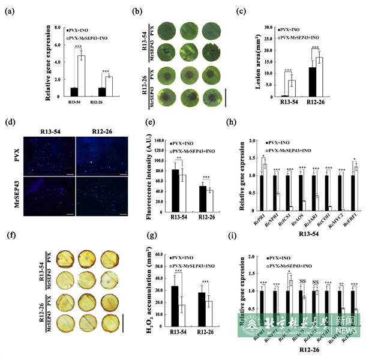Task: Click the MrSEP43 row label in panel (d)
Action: point(15,195)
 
